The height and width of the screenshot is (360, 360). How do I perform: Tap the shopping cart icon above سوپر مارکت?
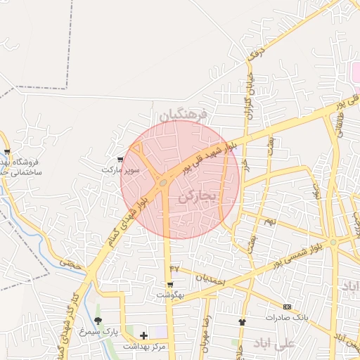(x=121, y=160)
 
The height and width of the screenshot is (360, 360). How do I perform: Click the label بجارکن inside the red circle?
(x=195, y=198)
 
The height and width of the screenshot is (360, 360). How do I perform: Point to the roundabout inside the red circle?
(x=163, y=183)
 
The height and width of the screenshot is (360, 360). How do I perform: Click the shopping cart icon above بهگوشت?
(x=170, y=285)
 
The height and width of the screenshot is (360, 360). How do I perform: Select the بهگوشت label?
(x=170, y=295)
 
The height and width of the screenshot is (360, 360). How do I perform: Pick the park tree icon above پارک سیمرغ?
(x=98, y=321)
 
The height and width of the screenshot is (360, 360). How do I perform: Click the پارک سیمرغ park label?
(x=98, y=330)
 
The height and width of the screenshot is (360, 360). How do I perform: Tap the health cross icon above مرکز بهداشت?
(x=144, y=335)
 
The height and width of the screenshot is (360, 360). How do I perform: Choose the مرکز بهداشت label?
(x=143, y=346)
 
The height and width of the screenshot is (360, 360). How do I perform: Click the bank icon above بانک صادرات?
(x=287, y=307)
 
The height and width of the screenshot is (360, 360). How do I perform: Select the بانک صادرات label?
(x=287, y=317)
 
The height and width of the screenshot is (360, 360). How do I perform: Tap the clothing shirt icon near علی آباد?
(x=243, y=321)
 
